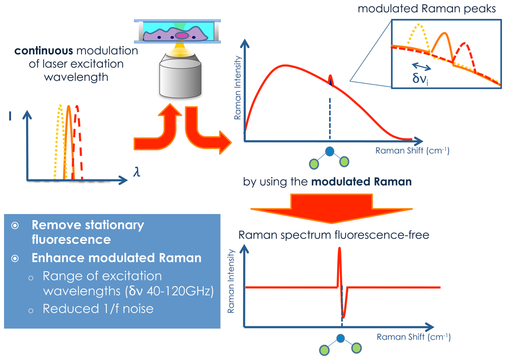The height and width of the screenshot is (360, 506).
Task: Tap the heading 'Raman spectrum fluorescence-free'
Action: click(334, 234)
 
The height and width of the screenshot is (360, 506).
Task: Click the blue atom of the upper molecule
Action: click(330, 153)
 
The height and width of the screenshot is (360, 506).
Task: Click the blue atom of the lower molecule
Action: click(341, 339)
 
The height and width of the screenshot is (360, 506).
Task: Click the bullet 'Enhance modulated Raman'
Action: click(117, 258)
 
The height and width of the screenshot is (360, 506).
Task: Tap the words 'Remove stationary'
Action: click(88, 225)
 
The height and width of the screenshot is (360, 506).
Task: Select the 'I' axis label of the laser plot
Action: click(10, 116)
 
